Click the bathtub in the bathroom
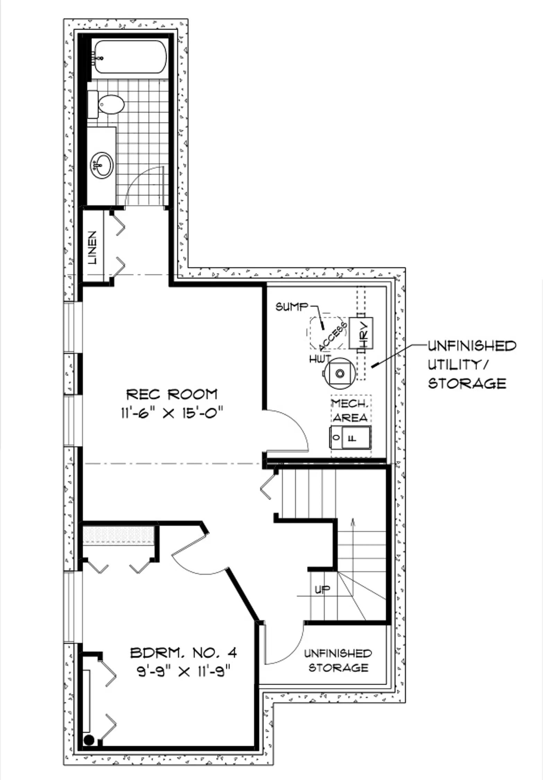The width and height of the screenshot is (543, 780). pos(130,57)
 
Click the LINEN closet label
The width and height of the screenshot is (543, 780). pos(93,248)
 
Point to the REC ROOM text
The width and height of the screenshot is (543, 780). pos(172,394)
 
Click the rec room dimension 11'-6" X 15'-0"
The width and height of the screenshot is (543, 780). pos(172,413)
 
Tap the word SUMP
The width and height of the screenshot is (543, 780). pos(291,307)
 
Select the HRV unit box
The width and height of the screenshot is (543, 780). pos(361,333)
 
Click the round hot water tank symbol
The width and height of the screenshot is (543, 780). pos(340,373)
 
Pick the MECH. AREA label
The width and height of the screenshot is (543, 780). pos(350,410)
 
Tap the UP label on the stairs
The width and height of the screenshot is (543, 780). pos(323,589)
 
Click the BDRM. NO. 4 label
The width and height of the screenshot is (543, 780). pos(184,653)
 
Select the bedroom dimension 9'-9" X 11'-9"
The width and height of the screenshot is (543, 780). pos(184,672)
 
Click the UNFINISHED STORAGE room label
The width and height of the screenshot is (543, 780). pos(338,661)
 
